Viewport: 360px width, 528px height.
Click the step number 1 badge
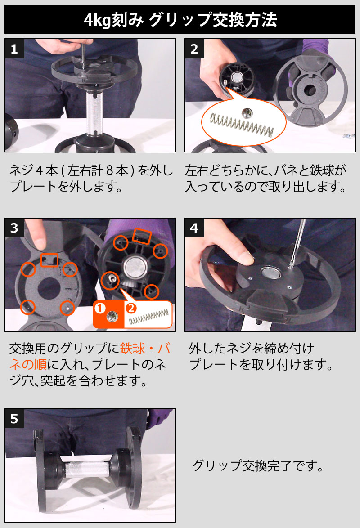click(x=14, y=49)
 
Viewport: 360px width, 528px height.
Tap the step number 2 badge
click(x=194, y=49)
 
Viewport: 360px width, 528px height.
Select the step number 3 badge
click(x=14, y=228)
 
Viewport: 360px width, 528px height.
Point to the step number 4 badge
click(x=194, y=228)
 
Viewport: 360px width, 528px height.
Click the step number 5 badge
click(x=14, y=419)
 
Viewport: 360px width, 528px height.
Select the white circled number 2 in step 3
click(x=131, y=308)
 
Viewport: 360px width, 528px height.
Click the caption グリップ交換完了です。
click(x=258, y=465)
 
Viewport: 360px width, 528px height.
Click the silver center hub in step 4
click(x=270, y=273)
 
